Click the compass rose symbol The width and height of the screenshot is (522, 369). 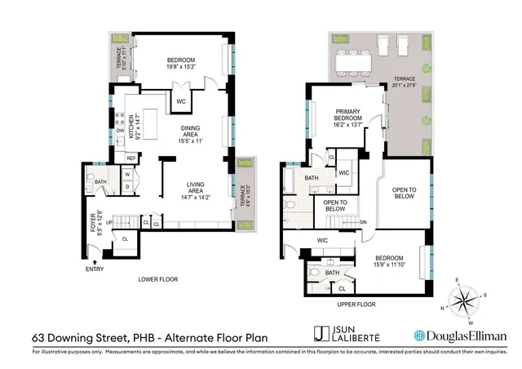pos(465,299)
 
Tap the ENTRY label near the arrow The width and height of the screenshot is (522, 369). pos(95,269)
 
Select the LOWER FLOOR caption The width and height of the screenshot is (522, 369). pos(157,279)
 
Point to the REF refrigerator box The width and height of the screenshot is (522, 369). pos(130,158)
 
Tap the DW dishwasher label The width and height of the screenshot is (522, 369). pos(120,131)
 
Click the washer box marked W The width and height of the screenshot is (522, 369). pos(129,174)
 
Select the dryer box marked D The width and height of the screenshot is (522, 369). pos(129,187)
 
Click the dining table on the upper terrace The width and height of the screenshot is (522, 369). pos(352,58)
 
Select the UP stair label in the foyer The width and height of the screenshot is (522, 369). pos(108,223)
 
